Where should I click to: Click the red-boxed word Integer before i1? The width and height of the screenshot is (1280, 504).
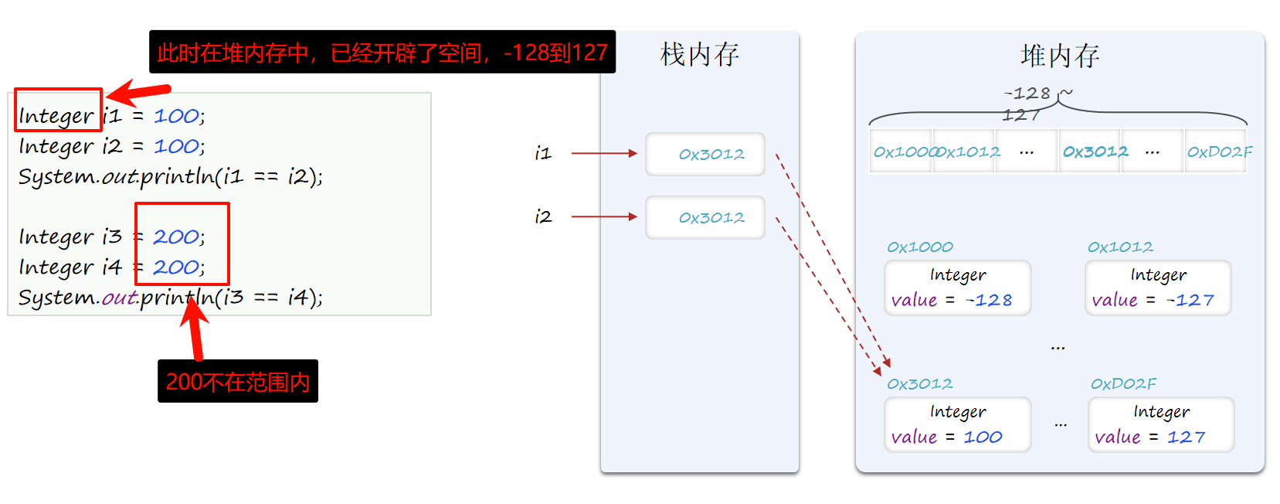pos(56,116)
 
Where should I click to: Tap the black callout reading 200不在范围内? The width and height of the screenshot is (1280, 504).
pos(237,381)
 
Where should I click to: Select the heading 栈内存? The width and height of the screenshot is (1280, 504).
pos(699,55)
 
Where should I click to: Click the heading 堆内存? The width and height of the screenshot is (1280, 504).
pos(1059,56)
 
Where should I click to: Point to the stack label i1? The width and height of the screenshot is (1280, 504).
pos(543,154)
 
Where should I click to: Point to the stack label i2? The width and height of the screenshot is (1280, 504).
pos(543,217)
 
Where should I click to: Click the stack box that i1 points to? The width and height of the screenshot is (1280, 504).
pos(705,154)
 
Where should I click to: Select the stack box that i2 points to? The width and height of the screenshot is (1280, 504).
pos(705,217)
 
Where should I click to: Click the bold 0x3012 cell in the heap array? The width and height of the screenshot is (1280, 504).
pos(1095,152)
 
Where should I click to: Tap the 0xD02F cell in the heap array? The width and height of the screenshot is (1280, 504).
pos(1219,152)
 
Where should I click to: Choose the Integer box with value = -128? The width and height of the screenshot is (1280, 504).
pos(957,288)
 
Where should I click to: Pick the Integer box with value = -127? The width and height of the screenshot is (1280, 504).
pos(1157,288)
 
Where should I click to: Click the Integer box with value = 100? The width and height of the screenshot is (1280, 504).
pos(957,424)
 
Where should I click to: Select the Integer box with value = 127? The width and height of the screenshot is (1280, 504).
pos(1160,424)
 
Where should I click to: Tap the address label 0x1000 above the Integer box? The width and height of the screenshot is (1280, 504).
pos(919,247)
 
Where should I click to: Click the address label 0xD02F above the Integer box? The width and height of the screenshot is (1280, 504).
pos(1123,384)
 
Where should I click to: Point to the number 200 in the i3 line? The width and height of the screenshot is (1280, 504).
pos(176,237)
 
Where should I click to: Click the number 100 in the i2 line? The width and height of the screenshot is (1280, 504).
pos(176,146)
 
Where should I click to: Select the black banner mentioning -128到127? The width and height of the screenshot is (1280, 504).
pos(382,52)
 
